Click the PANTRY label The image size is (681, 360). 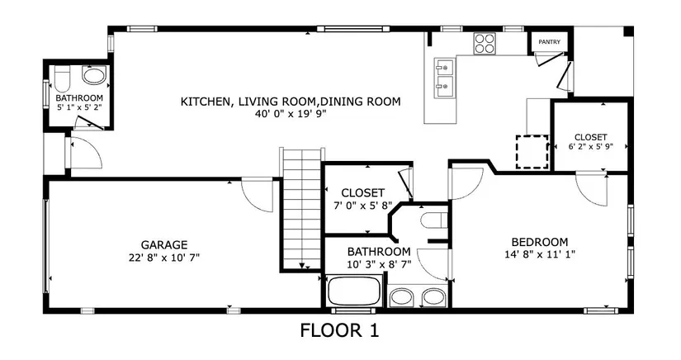point(549,42)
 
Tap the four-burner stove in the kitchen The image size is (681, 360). point(485,44)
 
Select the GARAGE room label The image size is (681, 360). point(164,245)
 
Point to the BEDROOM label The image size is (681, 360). point(540,242)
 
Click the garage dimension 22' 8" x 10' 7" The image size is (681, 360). point(164,258)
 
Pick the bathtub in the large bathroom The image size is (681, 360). point(353,291)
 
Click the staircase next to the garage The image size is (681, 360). point(302,208)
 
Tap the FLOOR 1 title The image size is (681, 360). point(339,330)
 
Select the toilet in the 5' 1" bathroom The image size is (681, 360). point(62,78)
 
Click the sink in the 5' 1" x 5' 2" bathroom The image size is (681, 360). point(94,76)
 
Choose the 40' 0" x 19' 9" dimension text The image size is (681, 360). point(291,114)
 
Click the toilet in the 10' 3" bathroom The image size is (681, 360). point(434,220)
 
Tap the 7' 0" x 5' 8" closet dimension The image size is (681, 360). point(362,205)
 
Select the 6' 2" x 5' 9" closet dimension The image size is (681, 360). point(591,146)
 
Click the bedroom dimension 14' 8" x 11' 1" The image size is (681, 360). point(540,254)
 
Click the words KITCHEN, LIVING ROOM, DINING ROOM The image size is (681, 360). point(291,102)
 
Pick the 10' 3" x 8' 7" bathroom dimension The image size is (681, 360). point(379,263)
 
